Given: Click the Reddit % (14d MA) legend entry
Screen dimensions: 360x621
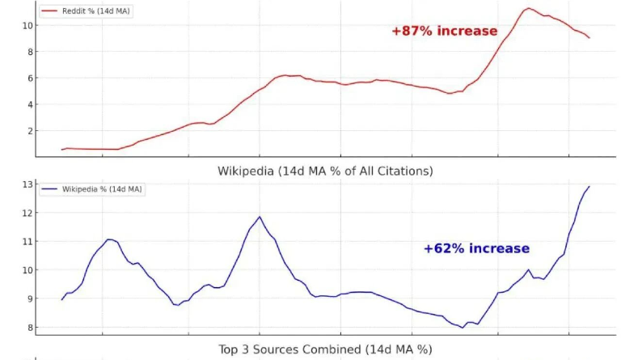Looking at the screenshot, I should pos(86,11).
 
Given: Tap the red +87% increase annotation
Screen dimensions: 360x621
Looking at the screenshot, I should pos(444,31).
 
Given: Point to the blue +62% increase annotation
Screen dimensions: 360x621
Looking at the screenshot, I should pos(476,248).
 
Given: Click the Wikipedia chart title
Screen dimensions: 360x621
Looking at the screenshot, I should pos(325,171).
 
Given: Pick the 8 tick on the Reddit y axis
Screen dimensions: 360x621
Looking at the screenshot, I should pos(28,52).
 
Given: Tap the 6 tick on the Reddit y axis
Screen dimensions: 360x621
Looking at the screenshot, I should pos(28,78).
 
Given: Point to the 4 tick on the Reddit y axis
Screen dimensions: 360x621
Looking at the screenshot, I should pos(28,104).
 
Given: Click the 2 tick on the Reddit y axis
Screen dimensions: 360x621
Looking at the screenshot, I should pos(28,130).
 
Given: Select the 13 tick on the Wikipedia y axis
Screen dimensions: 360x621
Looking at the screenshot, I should pos(26,185).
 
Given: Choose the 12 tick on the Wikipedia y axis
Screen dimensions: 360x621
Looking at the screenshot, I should pos(26,214).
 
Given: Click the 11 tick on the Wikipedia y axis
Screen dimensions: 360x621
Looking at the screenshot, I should pos(26,242).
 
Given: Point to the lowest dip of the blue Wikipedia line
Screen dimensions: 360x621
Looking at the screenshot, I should pos(463,327).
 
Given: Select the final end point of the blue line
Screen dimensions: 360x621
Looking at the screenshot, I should pos(589,187).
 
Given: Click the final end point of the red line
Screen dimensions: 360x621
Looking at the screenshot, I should pos(589,38).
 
